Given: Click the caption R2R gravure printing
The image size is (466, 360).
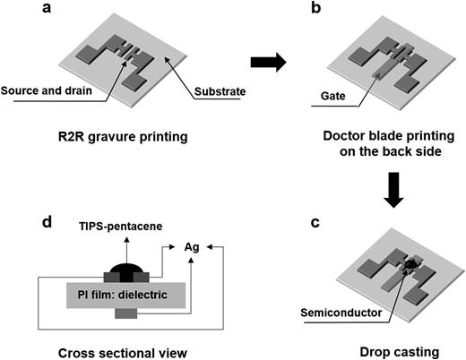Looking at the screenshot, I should (132, 140).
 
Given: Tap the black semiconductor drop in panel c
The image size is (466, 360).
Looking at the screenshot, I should (410, 268).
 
